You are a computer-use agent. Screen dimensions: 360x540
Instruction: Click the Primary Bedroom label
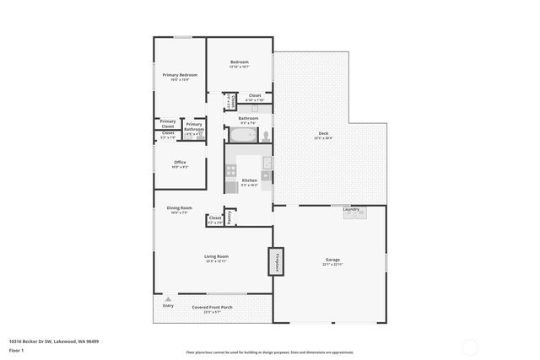point(180,75)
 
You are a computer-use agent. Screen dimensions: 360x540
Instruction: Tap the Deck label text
point(323,134)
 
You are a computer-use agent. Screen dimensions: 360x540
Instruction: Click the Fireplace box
point(274,262)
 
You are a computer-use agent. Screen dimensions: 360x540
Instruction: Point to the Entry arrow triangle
point(168,298)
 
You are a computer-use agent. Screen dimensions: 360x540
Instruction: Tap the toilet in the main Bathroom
point(265,135)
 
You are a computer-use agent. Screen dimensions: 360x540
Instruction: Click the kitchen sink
point(266,163)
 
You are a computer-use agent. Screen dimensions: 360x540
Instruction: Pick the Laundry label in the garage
point(351,209)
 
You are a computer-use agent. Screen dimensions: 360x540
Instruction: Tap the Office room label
point(180,162)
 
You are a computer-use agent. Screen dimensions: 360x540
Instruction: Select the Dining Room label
point(180,207)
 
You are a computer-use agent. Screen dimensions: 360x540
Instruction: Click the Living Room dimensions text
point(216,261)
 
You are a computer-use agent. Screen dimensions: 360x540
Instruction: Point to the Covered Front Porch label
point(212,307)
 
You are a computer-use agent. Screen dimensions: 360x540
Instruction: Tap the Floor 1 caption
point(16,350)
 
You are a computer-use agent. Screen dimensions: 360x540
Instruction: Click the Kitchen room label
point(249,180)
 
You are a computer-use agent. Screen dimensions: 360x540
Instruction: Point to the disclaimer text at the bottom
point(269,352)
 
